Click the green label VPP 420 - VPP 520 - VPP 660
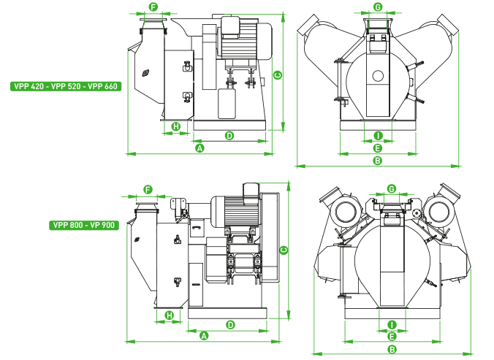click(x=66, y=86)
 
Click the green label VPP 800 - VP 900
click(x=84, y=225)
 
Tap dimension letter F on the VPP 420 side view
click(x=153, y=7)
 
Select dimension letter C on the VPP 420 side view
click(x=278, y=75)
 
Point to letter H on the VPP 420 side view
click(x=175, y=126)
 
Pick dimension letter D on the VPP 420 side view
click(x=229, y=135)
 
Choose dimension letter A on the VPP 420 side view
click(x=199, y=148)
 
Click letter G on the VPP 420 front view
click(x=378, y=7)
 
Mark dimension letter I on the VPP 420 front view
click(x=378, y=136)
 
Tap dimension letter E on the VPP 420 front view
click(x=378, y=148)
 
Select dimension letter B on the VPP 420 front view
click(x=378, y=161)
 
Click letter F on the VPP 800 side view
click(x=148, y=190)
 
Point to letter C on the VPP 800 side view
click(x=284, y=250)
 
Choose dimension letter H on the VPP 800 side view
click(x=170, y=315)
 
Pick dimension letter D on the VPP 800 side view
click(x=230, y=324)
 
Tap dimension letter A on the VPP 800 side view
click(x=205, y=336)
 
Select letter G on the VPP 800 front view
click(x=392, y=189)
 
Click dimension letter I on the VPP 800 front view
click(x=392, y=324)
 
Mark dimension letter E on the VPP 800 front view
click(x=392, y=337)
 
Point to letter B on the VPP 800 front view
click(x=392, y=349)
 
